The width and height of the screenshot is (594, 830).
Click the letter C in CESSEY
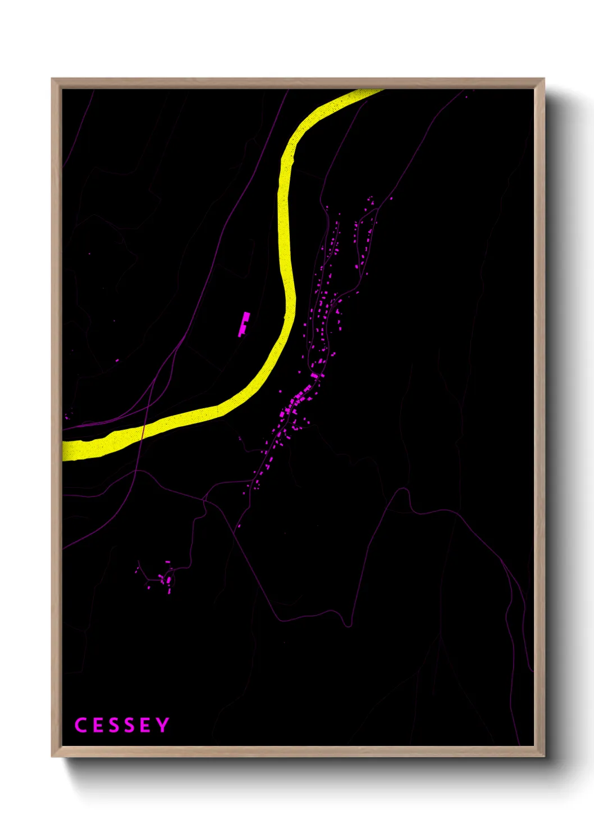click(x=80, y=725)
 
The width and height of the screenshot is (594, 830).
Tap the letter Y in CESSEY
click(x=163, y=725)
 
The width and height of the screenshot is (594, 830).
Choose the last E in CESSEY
click(x=145, y=725)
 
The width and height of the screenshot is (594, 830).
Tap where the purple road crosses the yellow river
click(x=143, y=432)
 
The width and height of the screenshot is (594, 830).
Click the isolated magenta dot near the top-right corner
click(x=466, y=96)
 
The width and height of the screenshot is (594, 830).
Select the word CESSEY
click(x=121, y=725)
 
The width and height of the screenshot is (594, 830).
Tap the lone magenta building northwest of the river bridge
click(x=117, y=361)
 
